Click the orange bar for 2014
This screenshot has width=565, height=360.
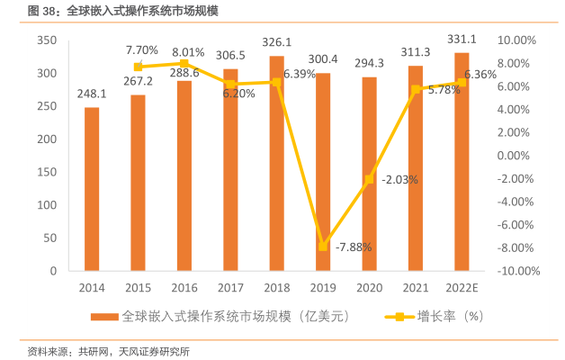92,189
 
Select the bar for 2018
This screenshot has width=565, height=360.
276,163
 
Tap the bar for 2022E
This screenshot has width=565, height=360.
461,161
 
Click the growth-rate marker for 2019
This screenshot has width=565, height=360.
322,246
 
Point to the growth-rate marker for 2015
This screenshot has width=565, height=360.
138,67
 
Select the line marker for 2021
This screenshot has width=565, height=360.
415,89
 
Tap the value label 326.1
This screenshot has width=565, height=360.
276,42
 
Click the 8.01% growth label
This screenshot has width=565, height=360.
188,52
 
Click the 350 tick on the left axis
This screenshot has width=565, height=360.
47,41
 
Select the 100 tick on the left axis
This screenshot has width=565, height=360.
47,205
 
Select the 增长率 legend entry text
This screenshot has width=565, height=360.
435,317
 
